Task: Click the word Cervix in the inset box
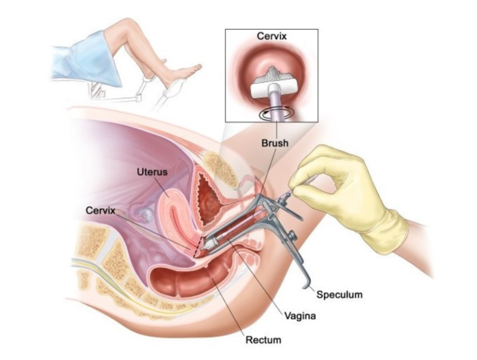272,36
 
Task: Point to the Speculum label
339,294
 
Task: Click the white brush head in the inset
272,89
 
